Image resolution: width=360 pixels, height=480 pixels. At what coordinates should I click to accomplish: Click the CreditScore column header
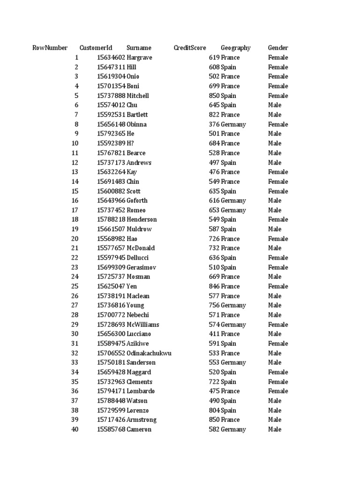click(189, 48)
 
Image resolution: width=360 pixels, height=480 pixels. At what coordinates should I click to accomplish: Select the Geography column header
click(235, 48)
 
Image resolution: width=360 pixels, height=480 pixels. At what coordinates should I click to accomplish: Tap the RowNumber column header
click(50, 48)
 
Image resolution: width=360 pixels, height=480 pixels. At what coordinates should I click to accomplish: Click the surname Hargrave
click(139, 58)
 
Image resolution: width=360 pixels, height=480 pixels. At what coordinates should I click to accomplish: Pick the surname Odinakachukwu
click(149, 353)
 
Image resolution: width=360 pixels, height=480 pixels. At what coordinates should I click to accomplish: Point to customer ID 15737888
click(111, 96)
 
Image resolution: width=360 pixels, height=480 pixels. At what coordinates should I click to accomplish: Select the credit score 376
click(214, 124)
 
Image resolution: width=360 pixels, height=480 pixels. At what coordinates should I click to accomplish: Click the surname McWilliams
click(143, 324)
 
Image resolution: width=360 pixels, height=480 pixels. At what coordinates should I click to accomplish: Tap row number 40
click(75, 429)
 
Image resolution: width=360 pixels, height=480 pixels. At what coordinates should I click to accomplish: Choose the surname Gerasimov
click(141, 267)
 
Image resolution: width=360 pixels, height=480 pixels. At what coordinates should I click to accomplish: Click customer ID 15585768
click(111, 429)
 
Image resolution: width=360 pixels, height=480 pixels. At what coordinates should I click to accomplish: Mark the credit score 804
click(214, 410)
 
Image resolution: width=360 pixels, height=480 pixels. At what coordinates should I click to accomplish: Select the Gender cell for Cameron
click(275, 429)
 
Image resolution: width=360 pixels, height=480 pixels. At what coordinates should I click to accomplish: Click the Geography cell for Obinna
click(233, 124)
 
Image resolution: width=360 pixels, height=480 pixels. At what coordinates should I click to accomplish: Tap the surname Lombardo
click(141, 391)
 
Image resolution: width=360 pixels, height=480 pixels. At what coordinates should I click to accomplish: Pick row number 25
click(75, 286)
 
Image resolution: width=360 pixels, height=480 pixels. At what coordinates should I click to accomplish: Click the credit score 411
click(214, 334)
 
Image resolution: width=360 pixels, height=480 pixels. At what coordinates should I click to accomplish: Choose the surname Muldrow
click(139, 229)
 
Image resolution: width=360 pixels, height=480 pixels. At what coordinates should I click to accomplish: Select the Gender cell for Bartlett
click(275, 115)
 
